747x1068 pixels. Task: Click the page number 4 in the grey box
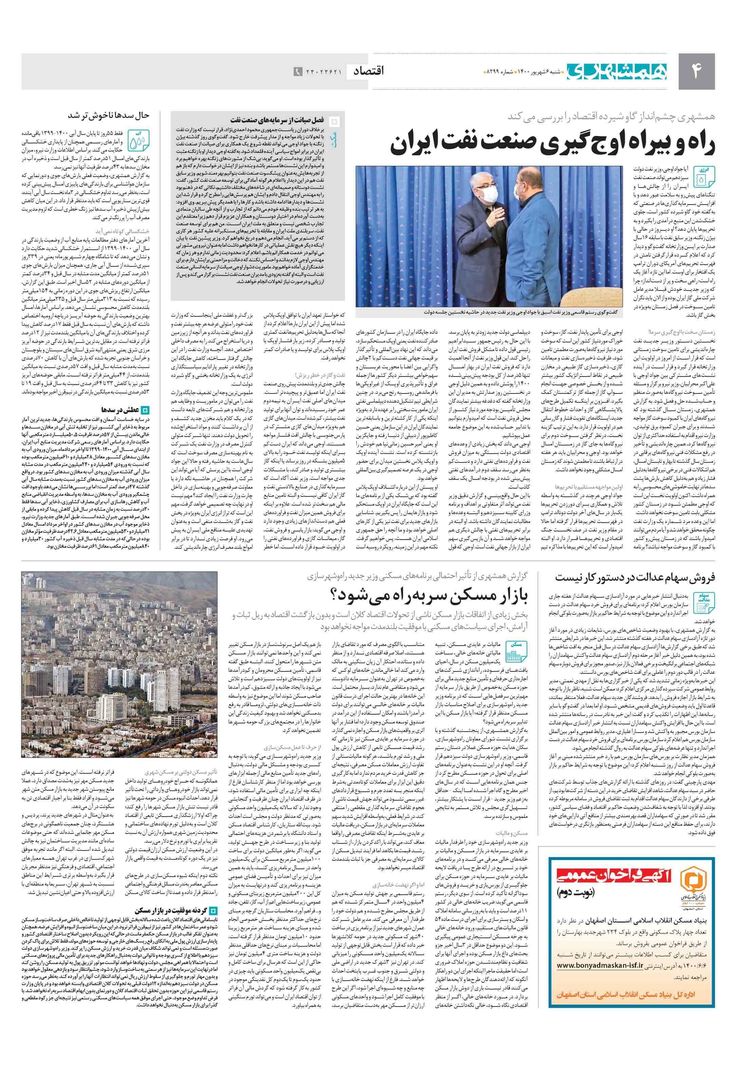click(696, 71)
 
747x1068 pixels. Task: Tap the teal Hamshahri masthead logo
click(616, 71)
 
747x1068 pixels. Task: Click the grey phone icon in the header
click(298, 72)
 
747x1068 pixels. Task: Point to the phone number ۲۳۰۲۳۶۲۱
click(324, 72)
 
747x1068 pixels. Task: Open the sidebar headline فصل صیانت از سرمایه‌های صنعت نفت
click(277, 120)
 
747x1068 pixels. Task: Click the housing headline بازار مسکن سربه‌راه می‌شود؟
click(430, 595)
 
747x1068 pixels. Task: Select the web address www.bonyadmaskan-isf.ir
click(600, 965)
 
